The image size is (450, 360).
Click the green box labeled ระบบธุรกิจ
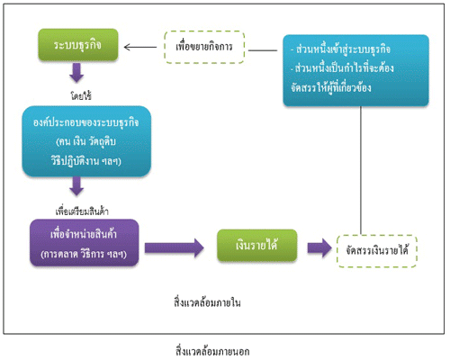point(78,45)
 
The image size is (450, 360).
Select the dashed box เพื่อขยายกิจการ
point(204,47)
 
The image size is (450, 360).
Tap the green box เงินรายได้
point(257,246)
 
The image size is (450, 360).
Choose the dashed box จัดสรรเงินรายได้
point(377,251)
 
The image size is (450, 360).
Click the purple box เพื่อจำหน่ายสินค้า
point(85,243)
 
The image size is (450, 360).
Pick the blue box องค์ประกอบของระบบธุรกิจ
point(86,141)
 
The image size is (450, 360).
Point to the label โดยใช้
point(81,96)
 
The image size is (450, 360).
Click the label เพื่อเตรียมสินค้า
point(82,211)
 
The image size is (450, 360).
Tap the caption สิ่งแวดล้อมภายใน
point(207,302)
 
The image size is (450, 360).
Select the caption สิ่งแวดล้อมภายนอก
point(212,351)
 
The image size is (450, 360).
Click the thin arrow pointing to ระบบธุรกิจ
point(140,47)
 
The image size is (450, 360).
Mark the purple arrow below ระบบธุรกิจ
point(76,73)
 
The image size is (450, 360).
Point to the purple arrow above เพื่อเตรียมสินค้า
point(76,186)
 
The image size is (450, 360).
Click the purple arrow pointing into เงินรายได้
point(175,248)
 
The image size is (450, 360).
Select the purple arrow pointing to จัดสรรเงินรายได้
point(319,248)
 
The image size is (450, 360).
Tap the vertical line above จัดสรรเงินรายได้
point(361,170)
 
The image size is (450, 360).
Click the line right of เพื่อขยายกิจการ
point(263,50)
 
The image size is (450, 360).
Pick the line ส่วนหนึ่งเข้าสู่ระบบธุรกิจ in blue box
point(340,49)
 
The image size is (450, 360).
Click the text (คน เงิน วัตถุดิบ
point(85,141)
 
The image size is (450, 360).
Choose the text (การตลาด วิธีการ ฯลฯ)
point(84,254)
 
